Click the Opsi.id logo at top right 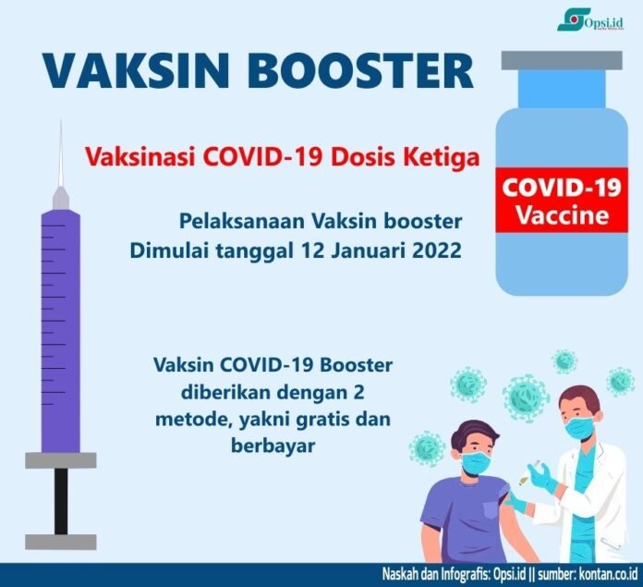(595, 20)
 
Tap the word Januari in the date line (357, 251)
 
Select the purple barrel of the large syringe (61, 324)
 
